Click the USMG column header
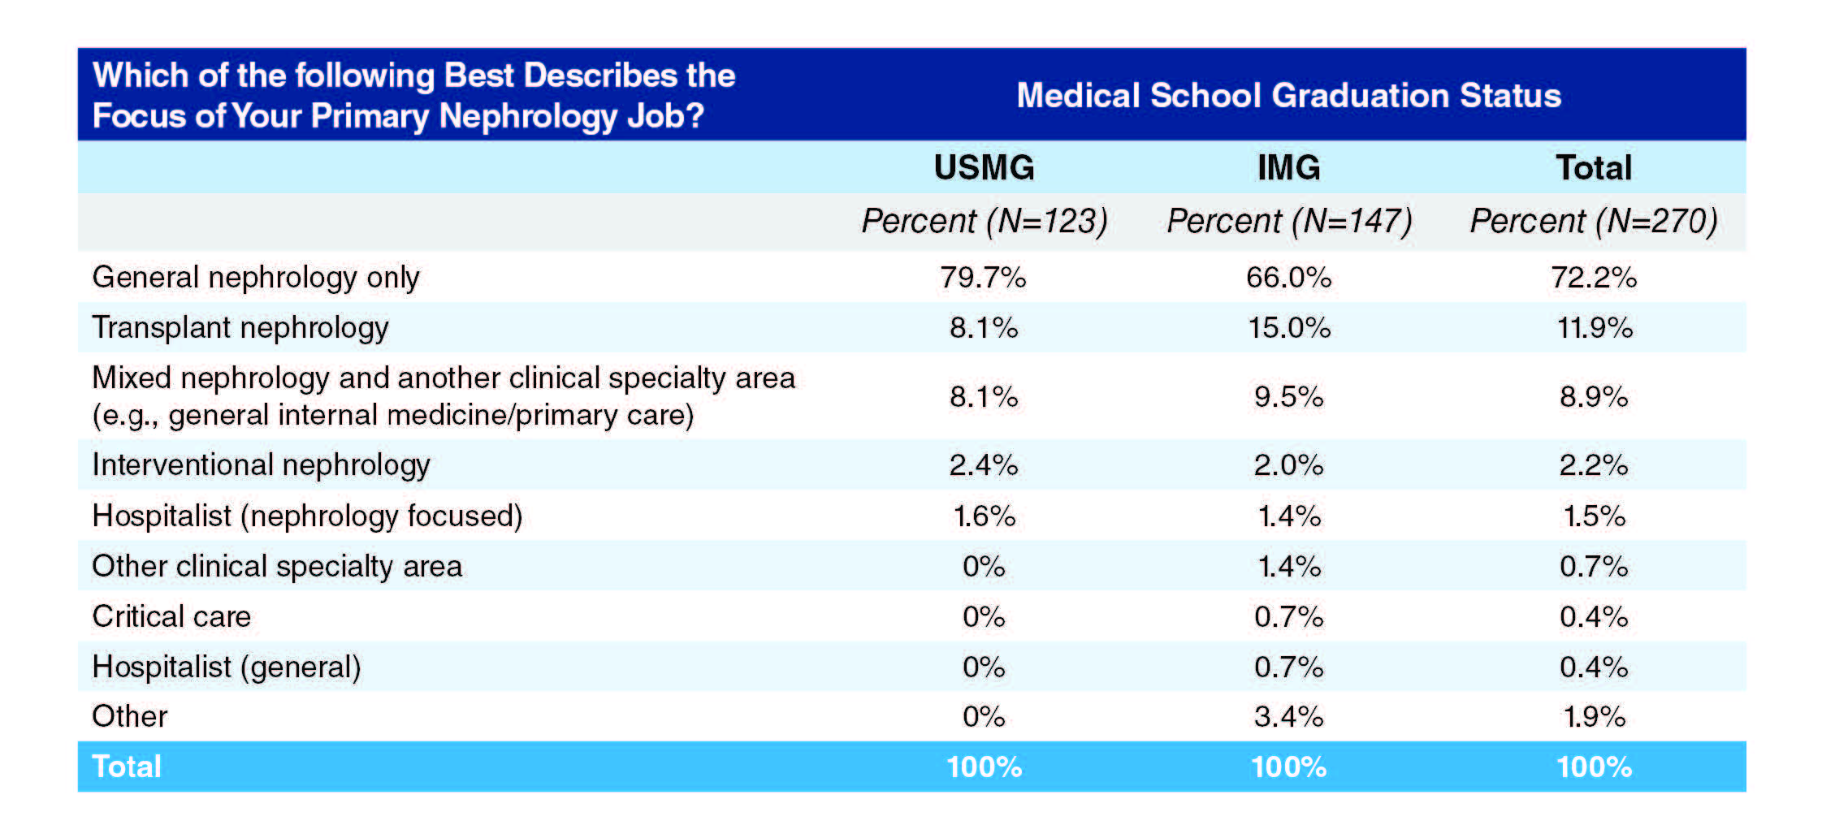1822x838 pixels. [x=984, y=167]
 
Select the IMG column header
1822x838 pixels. [x=1288, y=167]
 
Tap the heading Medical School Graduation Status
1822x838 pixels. [x=1288, y=95]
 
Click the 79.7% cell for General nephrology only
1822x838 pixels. [x=983, y=278]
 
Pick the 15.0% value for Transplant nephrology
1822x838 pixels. [x=1288, y=328]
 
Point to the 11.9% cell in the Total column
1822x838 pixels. [x=1594, y=328]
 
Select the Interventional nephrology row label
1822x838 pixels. [x=261, y=465]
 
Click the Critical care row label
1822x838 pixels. [x=171, y=617]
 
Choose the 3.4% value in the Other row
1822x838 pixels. [x=1288, y=717]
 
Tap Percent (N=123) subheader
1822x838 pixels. [x=984, y=221]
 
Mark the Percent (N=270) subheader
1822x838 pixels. [x=1594, y=221]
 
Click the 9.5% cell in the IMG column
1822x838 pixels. [x=1288, y=397]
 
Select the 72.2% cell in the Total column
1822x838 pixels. [x=1594, y=278]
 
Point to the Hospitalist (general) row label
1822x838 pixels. [x=227, y=667]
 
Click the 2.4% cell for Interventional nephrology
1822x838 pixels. [x=983, y=465]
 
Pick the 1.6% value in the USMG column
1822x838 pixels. [x=984, y=516]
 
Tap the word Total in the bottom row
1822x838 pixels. [x=127, y=767]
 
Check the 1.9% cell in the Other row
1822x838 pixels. [x=1594, y=717]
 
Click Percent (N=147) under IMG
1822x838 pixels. [x=1288, y=221]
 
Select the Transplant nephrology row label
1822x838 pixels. [x=240, y=328]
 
